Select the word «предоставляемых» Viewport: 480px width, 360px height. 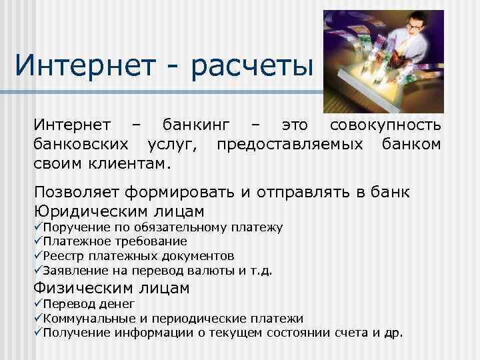[x=287, y=143]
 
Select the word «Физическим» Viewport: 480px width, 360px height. [x=90, y=288]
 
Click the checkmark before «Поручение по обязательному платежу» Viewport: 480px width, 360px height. [x=38, y=228]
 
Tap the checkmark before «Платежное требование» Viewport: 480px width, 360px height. [x=38, y=241]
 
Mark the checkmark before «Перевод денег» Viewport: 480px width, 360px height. [x=38, y=305]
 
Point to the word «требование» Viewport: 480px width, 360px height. [x=146, y=241]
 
